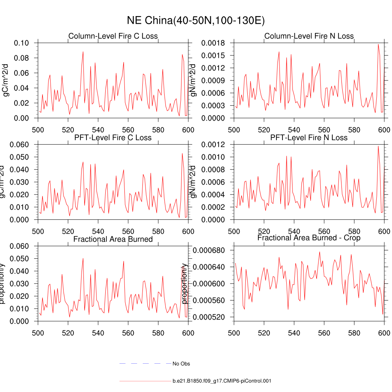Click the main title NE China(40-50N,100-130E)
[x=196, y=20]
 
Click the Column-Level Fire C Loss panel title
[x=113, y=36]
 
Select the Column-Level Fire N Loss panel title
[x=309, y=36]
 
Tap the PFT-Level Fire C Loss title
[x=113, y=137]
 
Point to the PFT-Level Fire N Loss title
[x=309, y=137]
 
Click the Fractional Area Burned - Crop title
[x=309, y=238]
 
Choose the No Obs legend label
[x=181, y=364]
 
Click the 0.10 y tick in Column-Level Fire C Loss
[x=21, y=43]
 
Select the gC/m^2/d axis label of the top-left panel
[x=7, y=80]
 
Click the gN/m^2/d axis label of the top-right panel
[x=194, y=80]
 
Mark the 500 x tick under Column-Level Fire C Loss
[x=38, y=129]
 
